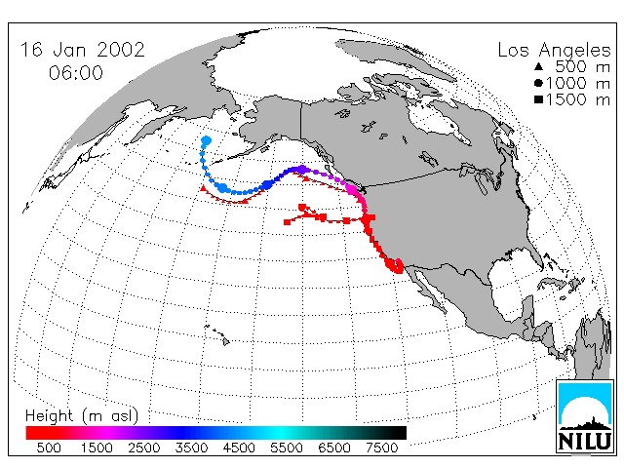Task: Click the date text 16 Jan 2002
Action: pyautogui.click(x=82, y=50)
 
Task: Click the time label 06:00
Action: pyautogui.click(x=76, y=73)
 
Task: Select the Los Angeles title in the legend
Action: pyautogui.click(x=554, y=51)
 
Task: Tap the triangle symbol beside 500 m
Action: pyautogui.click(x=539, y=66)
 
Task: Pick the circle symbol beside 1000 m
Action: pyautogui.click(x=539, y=83)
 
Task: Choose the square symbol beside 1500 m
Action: pyautogui.click(x=539, y=99)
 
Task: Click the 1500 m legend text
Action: pyautogui.click(x=578, y=99)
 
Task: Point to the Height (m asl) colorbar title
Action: pyautogui.click(x=82, y=416)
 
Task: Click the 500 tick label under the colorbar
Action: pyautogui.click(x=49, y=448)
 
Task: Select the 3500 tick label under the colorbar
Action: pyautogui.click(x=191, y=448)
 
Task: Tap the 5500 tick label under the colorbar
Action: pyautogui.click(x=287, y=448)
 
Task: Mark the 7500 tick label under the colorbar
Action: pyautogui.click(x=381, y=448)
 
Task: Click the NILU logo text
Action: pyautogui.click(x=584, y=441)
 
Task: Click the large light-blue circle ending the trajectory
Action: pyautogui.click(x=207, y=140)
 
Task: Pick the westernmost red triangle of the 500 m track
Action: pyautogui.click(x=204, y=188)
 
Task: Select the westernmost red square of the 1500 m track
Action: pyautogui.click(x=287, y=222)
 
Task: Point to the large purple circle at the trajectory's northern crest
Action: pyautogui.click(x=302, y=170)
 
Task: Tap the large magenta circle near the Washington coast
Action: pyautogui.click(x=351, y=189)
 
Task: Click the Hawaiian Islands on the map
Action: pyautogui.click(x=218, y=334)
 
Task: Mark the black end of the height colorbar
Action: pyautogui.click(x=398, y=433)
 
